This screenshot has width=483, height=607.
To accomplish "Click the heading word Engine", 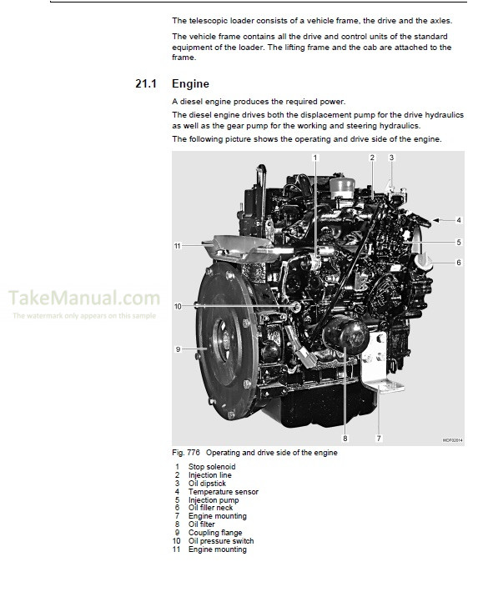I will [x=190, y=84].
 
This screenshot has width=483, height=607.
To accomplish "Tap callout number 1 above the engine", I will [x=315, y=157].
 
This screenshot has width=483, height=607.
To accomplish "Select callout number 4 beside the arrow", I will [x=458, y=220].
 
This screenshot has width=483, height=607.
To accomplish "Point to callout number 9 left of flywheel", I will [x=178, y=349].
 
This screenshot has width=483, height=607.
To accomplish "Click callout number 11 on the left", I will [x=178, y=246].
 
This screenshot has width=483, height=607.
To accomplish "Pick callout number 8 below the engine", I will [x=345, y=439].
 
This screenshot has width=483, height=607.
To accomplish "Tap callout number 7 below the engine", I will [x=379, y=439].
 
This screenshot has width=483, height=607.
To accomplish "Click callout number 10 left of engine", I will [x=178, y=307].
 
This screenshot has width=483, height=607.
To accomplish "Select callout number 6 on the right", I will [x=458, y=263].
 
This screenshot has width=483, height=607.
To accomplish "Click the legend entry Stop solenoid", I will [x=211, y=466].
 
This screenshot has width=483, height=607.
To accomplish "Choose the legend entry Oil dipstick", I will [x=207, y=483].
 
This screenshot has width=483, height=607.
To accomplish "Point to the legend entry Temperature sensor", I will [x=223, y=491].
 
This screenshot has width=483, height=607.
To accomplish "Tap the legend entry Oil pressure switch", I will [x=221, y=541].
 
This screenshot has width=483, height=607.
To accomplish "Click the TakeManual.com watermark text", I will [x=84, y=298].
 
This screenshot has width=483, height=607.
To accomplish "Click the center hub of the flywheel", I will [x=225, y=340].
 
